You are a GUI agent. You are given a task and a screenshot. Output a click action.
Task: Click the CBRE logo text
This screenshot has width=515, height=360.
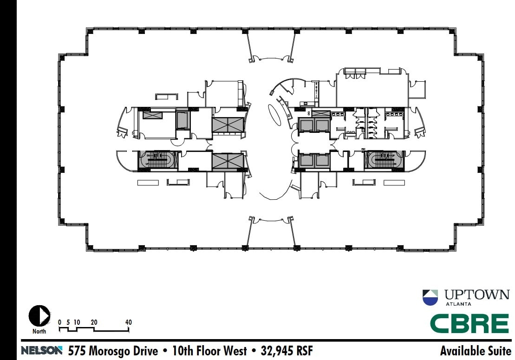click(469, 323)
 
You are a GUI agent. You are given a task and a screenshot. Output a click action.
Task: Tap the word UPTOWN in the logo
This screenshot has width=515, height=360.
click(476, 295)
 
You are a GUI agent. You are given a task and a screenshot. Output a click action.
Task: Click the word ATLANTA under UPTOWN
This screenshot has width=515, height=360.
click(458, 304)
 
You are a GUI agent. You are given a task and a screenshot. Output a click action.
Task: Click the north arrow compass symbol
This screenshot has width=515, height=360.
click(39, 315)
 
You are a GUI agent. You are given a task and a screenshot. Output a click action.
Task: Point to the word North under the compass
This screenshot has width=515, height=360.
click(39, 331)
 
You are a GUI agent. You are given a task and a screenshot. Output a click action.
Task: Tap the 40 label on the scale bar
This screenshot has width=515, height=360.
click(129, 322)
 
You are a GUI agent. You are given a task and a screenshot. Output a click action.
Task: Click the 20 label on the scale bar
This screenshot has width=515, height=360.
click(94, 322)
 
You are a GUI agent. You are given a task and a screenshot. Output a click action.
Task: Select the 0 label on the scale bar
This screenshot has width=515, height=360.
click(59, 322)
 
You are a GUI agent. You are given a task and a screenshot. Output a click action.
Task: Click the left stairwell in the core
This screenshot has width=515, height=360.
click(158, 161)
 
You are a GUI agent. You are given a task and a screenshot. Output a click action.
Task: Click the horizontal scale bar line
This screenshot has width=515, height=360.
click(94, 330)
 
